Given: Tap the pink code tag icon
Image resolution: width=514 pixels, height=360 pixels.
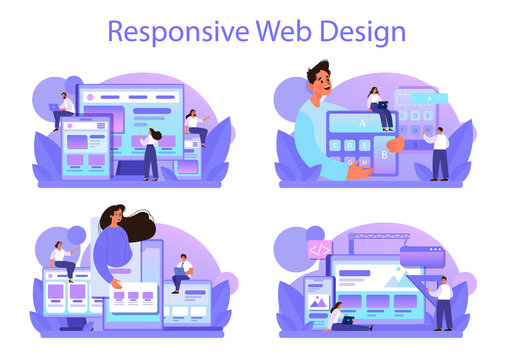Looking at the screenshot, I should (320, 249).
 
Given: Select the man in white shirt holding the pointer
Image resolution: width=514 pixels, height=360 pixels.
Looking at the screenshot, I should (443, 303).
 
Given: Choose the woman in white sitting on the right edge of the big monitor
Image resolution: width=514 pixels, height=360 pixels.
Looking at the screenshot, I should (192, 126).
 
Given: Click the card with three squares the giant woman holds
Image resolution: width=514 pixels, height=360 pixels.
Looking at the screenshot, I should (135, 298).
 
